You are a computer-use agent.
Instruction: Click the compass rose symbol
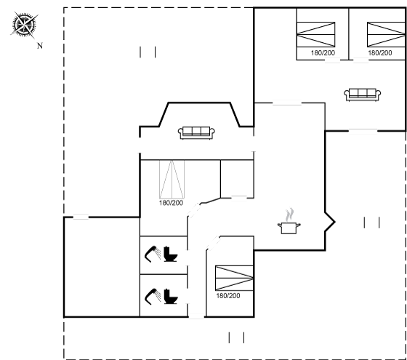coord(25,25)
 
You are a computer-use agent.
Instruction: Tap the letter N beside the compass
coord(40,46)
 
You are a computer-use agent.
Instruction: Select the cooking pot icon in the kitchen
coord(289,228)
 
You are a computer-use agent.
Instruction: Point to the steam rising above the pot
coord(289,215)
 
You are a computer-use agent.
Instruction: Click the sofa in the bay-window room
coord(196,132)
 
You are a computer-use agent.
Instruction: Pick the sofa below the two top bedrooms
coord(363,95)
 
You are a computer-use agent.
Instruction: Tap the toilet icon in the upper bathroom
coord(171,254)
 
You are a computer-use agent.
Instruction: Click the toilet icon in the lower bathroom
coord(171,296)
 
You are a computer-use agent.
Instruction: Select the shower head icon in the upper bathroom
coord(153,254)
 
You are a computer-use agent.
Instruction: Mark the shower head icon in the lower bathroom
coord(153,296)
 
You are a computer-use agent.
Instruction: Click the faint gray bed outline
coord(172,179)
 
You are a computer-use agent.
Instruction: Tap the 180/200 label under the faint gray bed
coord(171,203)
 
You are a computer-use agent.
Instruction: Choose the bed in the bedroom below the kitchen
coord(234,278)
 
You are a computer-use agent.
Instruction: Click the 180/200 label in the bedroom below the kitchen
coord(228,295)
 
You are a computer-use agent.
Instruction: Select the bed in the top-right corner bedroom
coord(386,35)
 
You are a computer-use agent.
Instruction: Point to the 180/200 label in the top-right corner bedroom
coord(380,52)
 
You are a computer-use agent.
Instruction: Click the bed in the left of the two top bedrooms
coord(316,35)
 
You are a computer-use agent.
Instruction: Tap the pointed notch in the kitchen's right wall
coord(334,222)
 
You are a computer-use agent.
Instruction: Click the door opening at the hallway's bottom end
coord(196,316)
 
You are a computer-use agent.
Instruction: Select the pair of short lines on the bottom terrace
coord(236,337)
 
